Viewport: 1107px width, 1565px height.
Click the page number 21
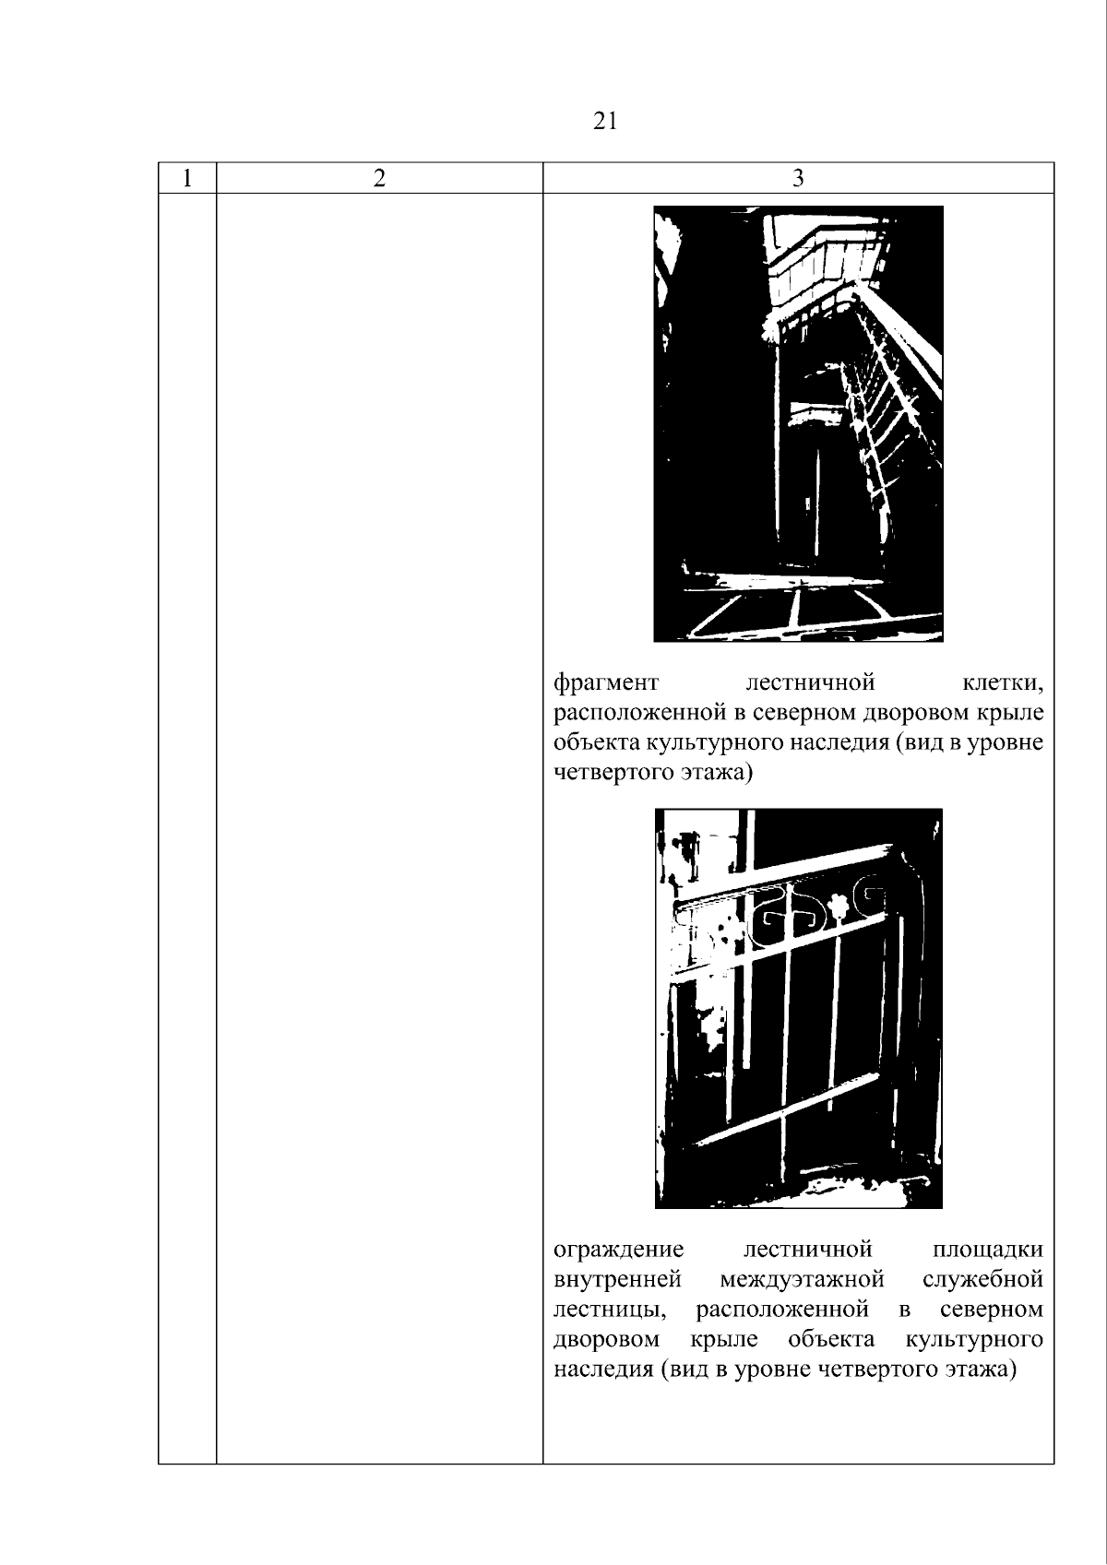pos(605,122)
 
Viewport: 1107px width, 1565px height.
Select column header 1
pos(187,178)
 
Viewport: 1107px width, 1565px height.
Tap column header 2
pos(379,178)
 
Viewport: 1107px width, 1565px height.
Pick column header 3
pos(798,178)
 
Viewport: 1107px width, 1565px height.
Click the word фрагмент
pos(607,682)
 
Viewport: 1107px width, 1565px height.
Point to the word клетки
pos(1003,682)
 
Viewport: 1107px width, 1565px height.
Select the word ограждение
pos(618,1250)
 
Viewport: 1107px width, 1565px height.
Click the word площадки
pos(988,1250)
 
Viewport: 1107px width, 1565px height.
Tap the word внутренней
pos(618,1280)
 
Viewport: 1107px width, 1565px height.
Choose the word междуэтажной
pos(803,1280)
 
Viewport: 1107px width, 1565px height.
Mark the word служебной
pos(983,1279)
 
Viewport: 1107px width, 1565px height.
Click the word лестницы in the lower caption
pos(610,1310)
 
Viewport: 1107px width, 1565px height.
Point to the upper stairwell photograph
pos(798,423)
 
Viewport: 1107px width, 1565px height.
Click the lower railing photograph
pos(798,1008)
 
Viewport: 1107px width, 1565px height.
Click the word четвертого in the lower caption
pos(879,1369)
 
